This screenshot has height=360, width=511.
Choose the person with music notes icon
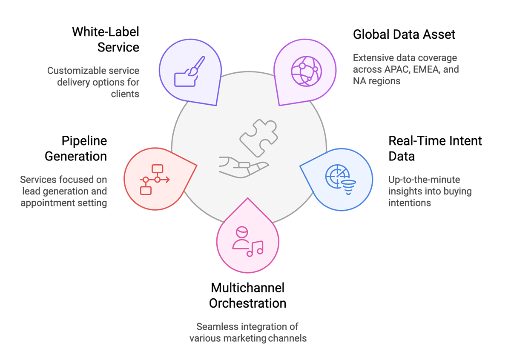click(x=247, y=242)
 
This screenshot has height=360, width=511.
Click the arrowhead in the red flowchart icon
click(x=167, y=180)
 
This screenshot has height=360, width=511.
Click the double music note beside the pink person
click(x=256, y=248)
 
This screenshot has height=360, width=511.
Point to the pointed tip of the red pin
click(x=196, y=164)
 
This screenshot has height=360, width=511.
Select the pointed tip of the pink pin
click(x=247, y=198)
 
